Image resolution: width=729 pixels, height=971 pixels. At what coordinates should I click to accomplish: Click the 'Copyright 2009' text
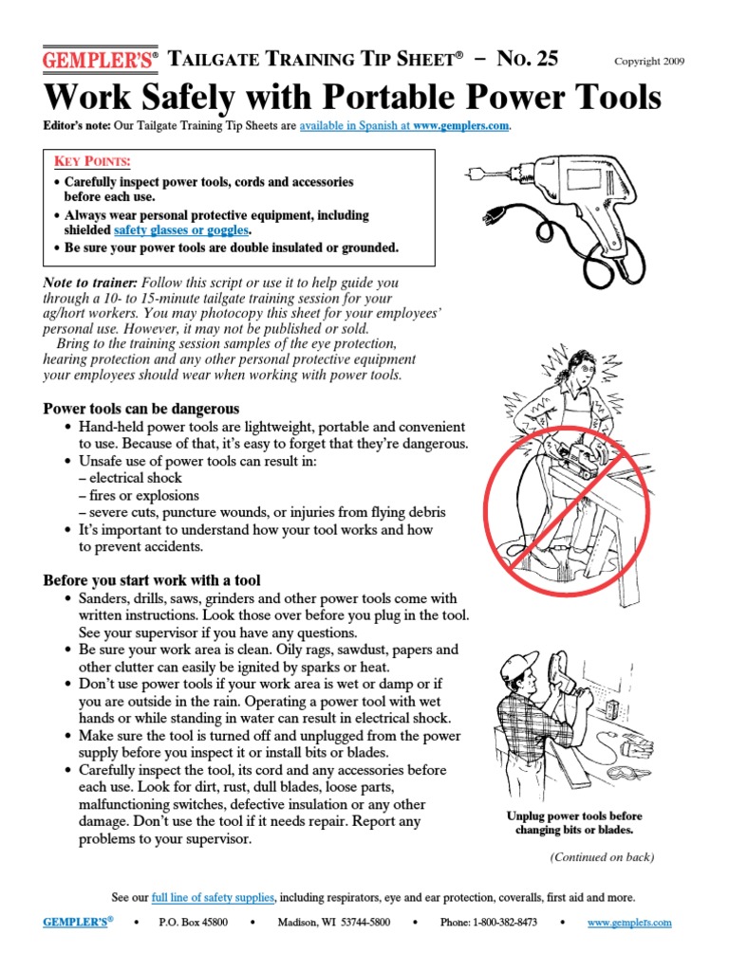point(650,62)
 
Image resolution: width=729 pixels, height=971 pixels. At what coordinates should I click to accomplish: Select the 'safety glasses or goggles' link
point(182,229)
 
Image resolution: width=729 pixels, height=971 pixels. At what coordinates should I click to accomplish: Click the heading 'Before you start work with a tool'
point(152,579)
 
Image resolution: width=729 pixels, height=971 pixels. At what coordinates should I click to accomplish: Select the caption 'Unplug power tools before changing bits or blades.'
point(573,823)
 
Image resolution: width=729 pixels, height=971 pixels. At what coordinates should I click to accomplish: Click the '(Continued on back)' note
point(602,857)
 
